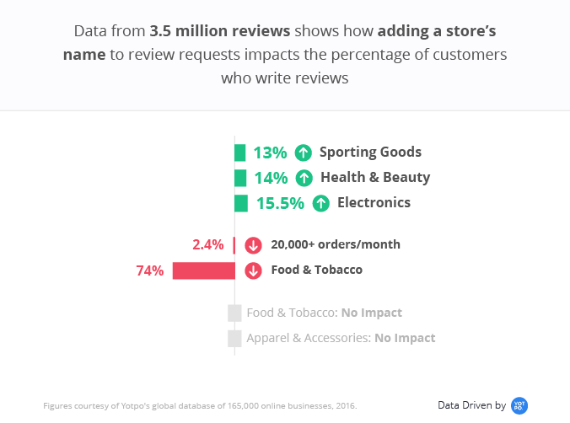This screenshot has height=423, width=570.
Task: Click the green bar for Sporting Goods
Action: pyautogui.click(x=240, y=153)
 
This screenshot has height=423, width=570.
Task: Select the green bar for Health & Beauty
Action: pyautogui.click(x=240, y=178)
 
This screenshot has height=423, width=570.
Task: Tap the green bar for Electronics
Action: pyautogui.click(x=241, y=203)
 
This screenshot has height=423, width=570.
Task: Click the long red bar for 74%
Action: pyautogui.click(x=203, y=270)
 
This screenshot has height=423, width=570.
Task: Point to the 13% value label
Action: pyautogui.click(x=270, y=153)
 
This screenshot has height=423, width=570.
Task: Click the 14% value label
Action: pyautogui.click(x=271, y=178)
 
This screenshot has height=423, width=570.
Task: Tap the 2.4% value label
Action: pyautogui.click(x=208, y=245)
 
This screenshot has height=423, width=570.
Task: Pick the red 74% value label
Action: pyautogui.click(x=150, y=270)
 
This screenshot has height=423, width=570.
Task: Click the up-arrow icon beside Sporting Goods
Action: pyautogui.click(x=304, y=153)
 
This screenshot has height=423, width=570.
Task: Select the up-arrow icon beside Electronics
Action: pyautogui.click(x=320, y=203)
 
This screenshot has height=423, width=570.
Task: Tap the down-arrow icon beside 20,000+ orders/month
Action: pyautogui.click(x=253, y=245)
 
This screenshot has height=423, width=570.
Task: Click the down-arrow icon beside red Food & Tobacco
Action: pyautogui.click(x=253, y=270)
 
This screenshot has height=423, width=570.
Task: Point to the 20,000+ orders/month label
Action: pyautogui.click(x=336, y=245)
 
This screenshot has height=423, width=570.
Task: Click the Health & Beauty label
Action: pyautogui.click(x=375, y=178)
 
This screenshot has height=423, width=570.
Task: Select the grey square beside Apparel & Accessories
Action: pyautogui.click(x=234, y=338)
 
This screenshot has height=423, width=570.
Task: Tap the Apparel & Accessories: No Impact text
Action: pyautogui.click(x=341, y=338)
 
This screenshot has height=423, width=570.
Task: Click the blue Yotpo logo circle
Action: pyautogui.click(x=519, y=405)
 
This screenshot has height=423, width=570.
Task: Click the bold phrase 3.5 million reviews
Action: pyautogui.click(x=219, y=32)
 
